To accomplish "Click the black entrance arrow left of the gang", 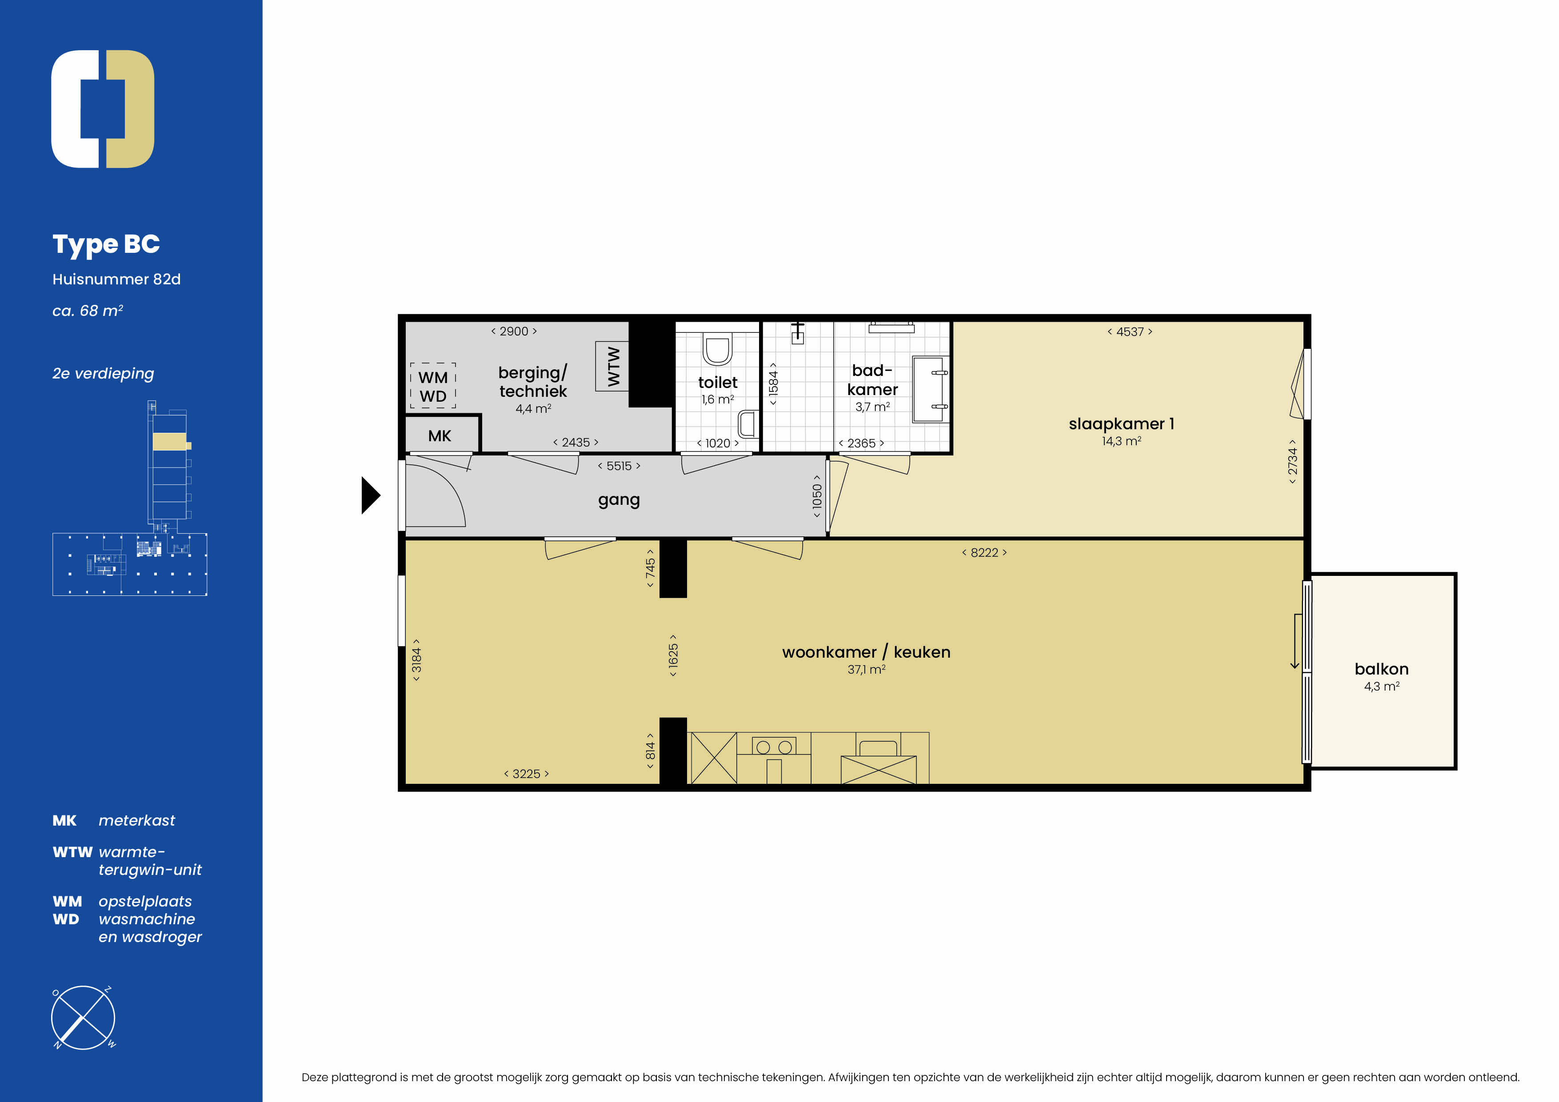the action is pyautogui.click(x=370, y=495).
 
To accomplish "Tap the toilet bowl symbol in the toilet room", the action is pyautogui.click(x=717, y=348).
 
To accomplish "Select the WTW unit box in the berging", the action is pyautogui.click(x=612, y=366).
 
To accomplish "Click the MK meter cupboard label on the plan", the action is pyautogui.click(x=440, y=436).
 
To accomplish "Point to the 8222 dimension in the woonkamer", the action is pyautogui.click(x=984, y=553).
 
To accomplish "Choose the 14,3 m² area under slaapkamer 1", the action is pyautogui.click(x=1121, y=441).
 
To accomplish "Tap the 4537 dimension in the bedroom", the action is pyautogui.click(x=1129, y=332).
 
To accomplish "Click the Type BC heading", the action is pyautogui.click(x=106, y=244).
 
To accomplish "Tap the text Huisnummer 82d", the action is pyautogui.click(x=116, y=279).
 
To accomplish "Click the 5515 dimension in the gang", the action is pyautogui.click(x=619, y=466).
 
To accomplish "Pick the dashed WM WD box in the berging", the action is pyautogui.click(x=432, y=386).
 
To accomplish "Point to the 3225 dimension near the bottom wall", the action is pyautogui.click(x=526, y=774).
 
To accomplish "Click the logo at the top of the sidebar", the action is pyautogui.click(x=103, y=108).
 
